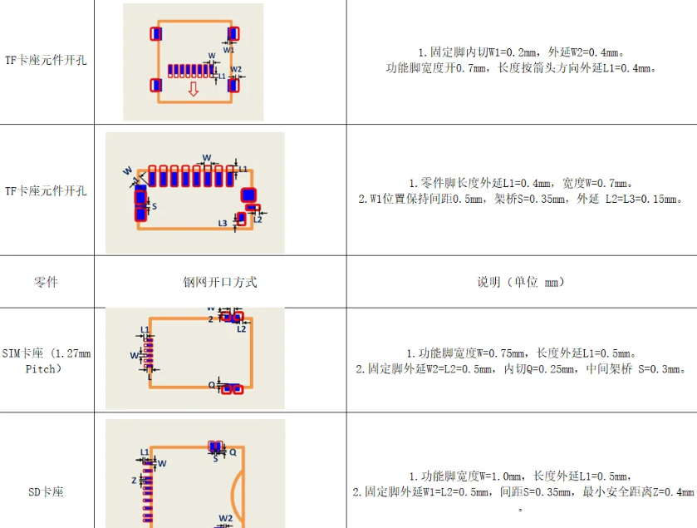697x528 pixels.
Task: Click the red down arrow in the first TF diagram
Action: [x=193, y=89]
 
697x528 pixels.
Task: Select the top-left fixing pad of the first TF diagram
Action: [x=155, y=34]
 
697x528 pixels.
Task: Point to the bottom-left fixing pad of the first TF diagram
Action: [x=155, y=85]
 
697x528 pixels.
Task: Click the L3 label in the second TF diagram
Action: [x=223, y=223]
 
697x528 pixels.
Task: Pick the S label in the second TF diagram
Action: [x=154, y=205]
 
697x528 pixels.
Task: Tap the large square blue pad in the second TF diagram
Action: [x=248, y=195]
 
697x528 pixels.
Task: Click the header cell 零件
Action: [x=47, y=282]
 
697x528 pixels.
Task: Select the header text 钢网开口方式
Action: [x=220, y=282]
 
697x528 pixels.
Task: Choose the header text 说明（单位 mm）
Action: [x=521, y=282]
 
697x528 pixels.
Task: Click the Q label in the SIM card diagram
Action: [x=211, y=385]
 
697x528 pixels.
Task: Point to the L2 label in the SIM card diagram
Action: [x=242, y=329]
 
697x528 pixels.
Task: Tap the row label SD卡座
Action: [x=47, y=492]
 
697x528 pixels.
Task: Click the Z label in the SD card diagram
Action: [x=134, y=481]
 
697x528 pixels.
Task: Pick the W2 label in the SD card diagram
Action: [x=226, y=517]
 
